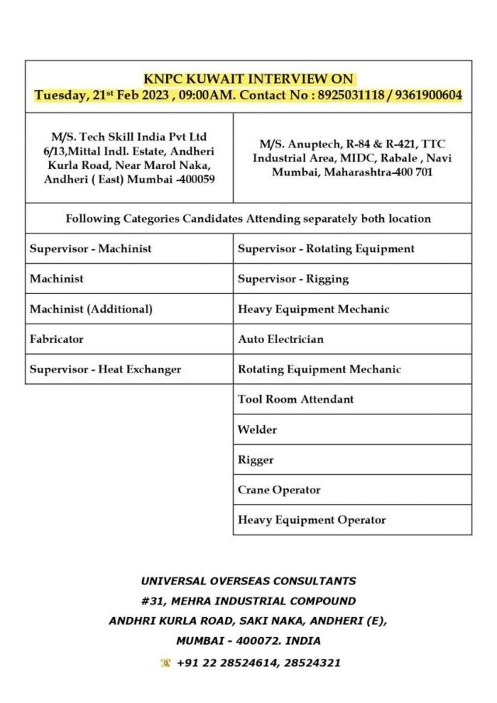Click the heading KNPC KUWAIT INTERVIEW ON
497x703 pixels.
(248, 79)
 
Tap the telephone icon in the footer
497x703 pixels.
(165, 663)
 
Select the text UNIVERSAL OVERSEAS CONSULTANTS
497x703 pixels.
(248, 580)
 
